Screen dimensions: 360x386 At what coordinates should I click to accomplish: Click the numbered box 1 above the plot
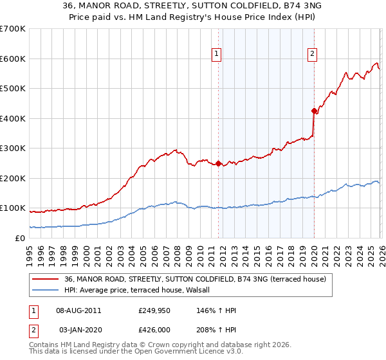[x=217, y=55]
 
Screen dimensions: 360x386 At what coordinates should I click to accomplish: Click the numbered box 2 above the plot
[x=312, y=55]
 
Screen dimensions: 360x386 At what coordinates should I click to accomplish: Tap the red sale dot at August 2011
[x=218, y=163]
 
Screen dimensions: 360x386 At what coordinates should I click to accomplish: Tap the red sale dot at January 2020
[x=314, y=110]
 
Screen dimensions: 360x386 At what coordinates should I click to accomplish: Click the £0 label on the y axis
[x=19, y=238]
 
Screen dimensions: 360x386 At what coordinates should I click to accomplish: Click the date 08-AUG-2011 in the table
[x=78, y=310]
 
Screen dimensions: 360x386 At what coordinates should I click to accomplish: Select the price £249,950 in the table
[x=154, y=310]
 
